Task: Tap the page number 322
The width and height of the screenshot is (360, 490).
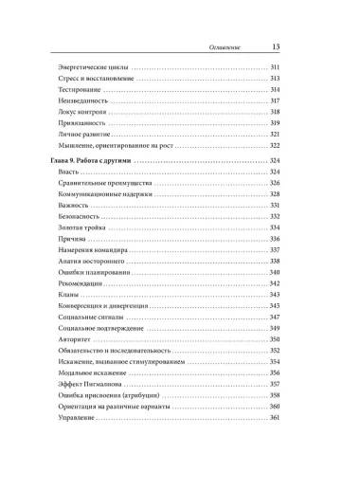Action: [x=275, y=149]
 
